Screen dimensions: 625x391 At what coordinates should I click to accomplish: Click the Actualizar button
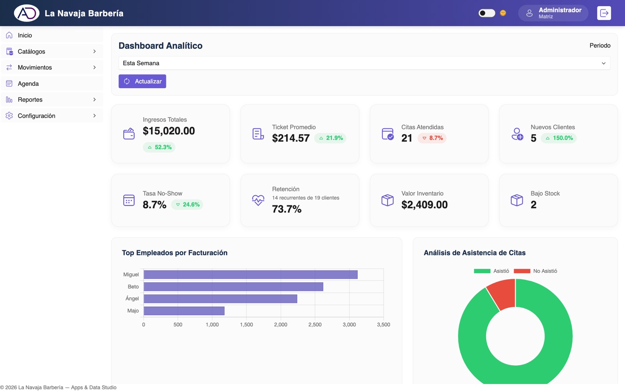click(x=142, y=81)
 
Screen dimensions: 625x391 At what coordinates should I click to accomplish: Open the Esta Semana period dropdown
click(x=364, y=63)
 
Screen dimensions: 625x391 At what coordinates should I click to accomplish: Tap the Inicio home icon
click(x=9, y=35)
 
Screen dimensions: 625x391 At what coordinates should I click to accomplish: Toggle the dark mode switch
click(x=487, y=13)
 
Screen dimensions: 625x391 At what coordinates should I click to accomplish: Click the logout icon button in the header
click(x=604, y=13)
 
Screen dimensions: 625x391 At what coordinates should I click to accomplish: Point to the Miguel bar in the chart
click(x=250, y=274)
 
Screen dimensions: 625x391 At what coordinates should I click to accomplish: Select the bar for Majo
click(x=184, y=311)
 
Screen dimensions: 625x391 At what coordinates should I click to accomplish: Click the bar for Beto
click(x=234, y=287)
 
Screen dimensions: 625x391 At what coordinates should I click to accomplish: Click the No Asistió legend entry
click(x=536, y=271)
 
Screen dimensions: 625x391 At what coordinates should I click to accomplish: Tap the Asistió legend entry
click(x=492, y=271)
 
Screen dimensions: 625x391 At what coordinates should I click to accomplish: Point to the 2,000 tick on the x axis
click(x=281, y=325)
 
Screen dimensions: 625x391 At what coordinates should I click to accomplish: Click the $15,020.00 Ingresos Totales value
click(x=169, y=131)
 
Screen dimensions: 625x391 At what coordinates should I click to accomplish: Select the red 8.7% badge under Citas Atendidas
click(x=432, y=138)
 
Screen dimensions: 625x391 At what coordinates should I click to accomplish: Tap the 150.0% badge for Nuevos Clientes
click(x=559, y=138)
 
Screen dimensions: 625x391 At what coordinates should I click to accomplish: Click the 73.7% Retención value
click(x=287, y=209)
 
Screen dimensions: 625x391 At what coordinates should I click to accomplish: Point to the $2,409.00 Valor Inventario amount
click(x=424, y=205)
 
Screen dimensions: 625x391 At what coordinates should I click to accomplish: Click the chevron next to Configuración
click(x=95, y=116)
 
